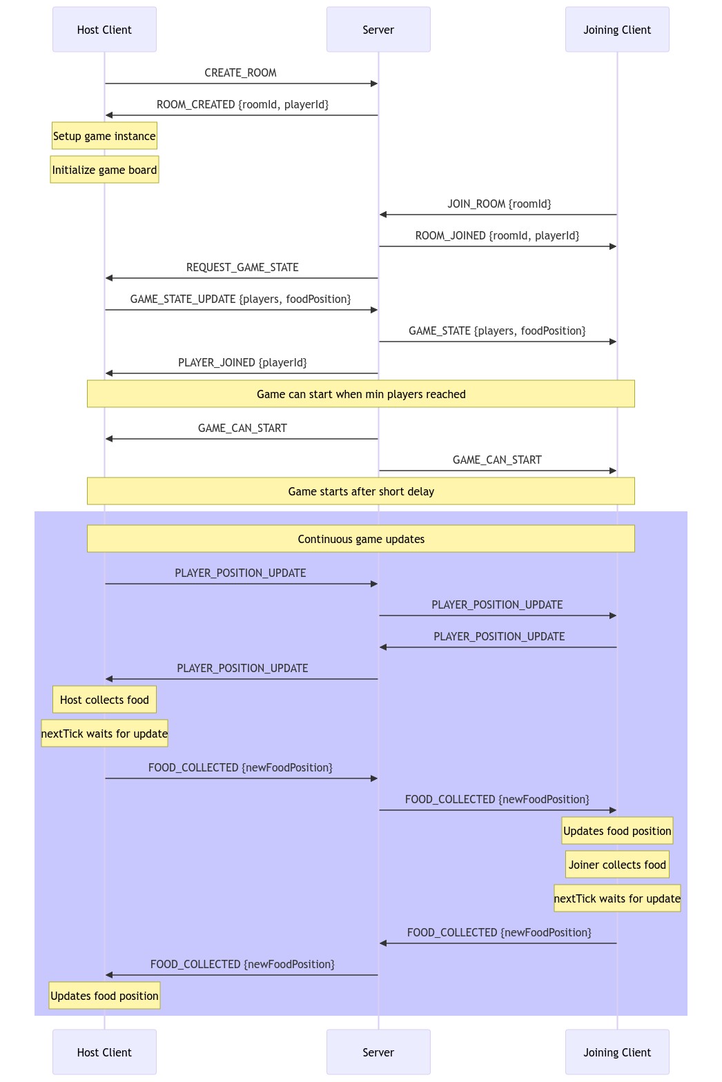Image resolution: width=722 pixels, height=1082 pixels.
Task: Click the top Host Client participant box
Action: click(104, 30)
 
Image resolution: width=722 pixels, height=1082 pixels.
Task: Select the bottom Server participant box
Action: click(378, 1052)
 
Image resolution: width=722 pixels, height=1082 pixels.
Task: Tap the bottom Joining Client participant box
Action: click(617, 1052)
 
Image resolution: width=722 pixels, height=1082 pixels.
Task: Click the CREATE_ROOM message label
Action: click(240, 73)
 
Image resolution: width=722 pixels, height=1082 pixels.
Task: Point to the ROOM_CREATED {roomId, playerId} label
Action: click(242, 105)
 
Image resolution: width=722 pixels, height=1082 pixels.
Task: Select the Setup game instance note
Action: click(104, 136)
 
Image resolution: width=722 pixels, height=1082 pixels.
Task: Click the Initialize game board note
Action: click(104, 170)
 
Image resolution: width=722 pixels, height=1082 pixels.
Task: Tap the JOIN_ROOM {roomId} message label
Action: click(499, 204)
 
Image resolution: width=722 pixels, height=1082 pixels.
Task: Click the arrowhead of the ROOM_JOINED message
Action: click(612, 246)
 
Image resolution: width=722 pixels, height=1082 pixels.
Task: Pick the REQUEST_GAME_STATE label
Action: click(242, 268)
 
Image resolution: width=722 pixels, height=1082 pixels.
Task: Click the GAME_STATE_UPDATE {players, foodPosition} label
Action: click(240, 299)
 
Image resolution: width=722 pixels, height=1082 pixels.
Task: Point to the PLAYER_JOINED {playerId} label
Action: click(242, 363)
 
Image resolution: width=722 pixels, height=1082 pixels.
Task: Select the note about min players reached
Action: click(361, 394)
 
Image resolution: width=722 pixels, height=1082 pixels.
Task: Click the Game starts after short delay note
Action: click(361, 491)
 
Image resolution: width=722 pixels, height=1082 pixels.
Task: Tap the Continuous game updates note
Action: click(361, 539)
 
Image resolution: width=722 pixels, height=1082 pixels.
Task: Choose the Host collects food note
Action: click(104, 700)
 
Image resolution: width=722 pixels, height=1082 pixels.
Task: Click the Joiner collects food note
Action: click(617, 865)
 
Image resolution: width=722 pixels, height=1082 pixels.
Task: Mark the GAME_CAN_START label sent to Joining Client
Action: click(497, 460)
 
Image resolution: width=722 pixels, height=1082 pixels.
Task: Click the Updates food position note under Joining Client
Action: click(617, 831)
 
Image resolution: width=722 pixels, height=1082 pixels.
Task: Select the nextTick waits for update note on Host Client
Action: click(104, 734)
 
